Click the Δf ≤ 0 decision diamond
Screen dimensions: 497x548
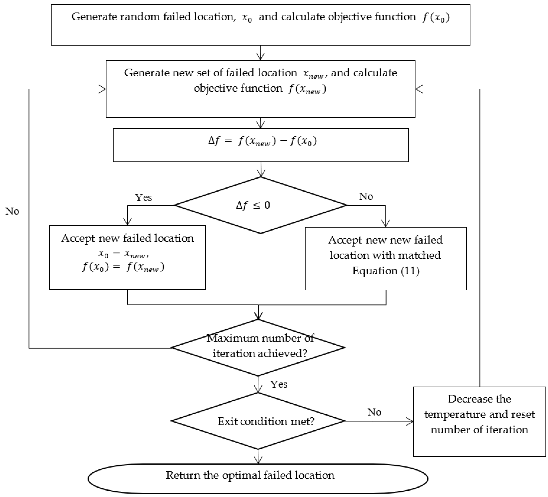pyautogui.click(x=260, y=205)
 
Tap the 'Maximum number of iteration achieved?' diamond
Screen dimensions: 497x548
pyautogui.click(x=258, y=347)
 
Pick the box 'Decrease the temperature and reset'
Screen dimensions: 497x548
pyautogui.click(x=479, y=421)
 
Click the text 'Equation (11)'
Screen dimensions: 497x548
pyautogui.click(x=386, y=271)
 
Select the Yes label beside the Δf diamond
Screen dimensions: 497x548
pyautogui.click(x=143, y=198)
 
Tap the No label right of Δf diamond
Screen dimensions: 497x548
pyautogui.click(x=366, y=196)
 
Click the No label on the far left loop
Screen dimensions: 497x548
pyautogui.click(x=12, y=211)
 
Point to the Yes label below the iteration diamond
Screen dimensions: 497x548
pyautogui.click(x=279, y=384)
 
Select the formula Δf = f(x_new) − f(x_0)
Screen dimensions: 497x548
pyautogui.click(x=262, y=141)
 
